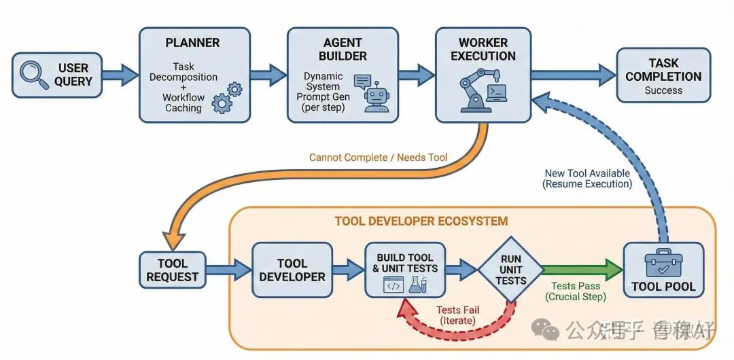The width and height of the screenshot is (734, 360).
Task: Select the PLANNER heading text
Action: (x=192, y=43)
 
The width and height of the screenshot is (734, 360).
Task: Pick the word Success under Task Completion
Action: (x=663, y=90)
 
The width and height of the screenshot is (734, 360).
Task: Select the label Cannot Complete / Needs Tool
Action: (x=378, y=158)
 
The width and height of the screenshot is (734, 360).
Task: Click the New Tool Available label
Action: (x=588, y=174)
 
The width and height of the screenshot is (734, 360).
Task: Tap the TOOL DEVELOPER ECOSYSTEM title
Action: (x=421, y=221)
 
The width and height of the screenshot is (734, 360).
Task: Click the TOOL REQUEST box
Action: (x=173, y=270)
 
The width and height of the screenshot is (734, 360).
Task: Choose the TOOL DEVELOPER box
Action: (x=292, y=270)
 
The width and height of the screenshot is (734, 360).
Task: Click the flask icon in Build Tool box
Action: (x=416, y=285)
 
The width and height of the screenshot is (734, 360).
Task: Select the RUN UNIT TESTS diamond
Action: (x=510, y=269)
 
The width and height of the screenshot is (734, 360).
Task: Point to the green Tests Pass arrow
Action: (x=582, y=269)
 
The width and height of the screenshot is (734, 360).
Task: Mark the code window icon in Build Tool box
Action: (x=394, y=286)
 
